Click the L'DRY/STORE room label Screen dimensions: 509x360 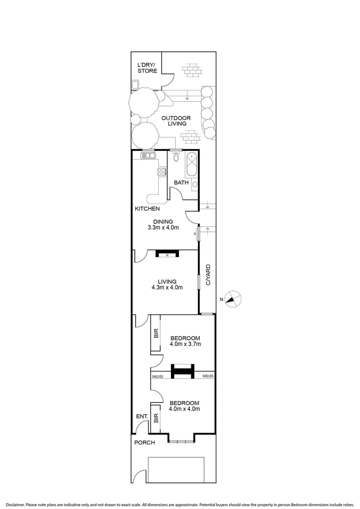[147, 68]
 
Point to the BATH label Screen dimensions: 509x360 [181, 182]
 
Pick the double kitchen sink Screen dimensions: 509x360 [148, 155]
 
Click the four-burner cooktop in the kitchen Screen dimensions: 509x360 [162, 172]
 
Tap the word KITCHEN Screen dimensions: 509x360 [147, 208]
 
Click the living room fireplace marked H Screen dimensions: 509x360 [167, 254]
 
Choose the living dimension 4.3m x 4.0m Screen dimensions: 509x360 [167, 287]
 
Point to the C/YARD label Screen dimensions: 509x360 [208, 276]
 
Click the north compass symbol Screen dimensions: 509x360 [233, 299]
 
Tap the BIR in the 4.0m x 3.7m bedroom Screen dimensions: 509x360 [156, 335]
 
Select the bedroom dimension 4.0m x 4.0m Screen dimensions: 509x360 [185, 409]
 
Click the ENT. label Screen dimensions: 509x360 [142, 417]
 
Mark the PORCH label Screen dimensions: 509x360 [144, 443]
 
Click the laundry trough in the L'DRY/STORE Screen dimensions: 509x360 [135, 85]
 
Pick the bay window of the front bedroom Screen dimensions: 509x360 [181, 441]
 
